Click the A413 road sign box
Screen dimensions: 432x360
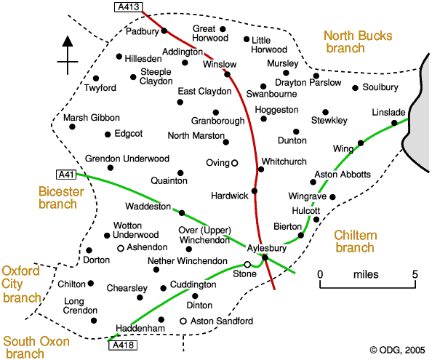point(129,7)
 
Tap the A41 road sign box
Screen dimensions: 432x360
point(66,175)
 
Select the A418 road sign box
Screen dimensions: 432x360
point(123,345)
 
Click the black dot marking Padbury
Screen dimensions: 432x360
point(164,31)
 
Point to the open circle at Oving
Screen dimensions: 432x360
point(234,163)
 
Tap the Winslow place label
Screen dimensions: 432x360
point(220,65)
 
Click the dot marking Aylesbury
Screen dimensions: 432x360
point(265,257)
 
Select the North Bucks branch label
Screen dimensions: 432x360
point(358,42)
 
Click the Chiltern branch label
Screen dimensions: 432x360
point(356,241)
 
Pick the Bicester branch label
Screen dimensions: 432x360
point(61,198)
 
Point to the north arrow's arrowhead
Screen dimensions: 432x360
point(68,41)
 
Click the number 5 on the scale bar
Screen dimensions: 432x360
point(415,274)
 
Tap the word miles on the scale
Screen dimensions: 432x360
point(366,275)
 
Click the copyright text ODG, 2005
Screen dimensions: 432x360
point(398,350)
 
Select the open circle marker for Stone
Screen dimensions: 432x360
point(247,265)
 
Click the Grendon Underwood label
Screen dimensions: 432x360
point(127,159)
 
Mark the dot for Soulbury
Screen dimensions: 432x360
point(356,88)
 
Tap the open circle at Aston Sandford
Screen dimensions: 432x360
point(183,321)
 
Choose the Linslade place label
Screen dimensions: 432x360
point(388,113)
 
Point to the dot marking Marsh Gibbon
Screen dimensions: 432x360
point(72,127)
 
